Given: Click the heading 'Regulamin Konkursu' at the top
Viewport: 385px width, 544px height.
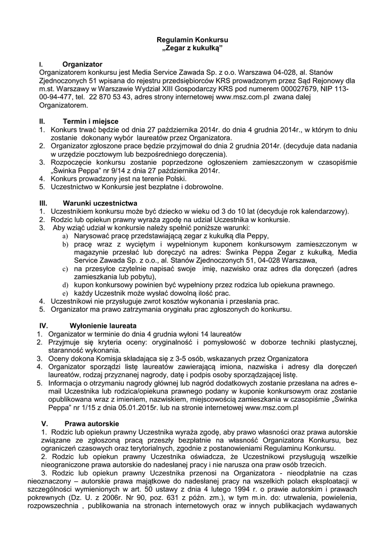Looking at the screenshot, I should coord(192,40).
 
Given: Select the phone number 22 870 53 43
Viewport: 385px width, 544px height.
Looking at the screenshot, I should coord(108,98).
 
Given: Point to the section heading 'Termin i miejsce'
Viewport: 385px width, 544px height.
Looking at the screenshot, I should coord(90,121).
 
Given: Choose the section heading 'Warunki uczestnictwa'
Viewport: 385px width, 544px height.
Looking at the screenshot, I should coord(100,203).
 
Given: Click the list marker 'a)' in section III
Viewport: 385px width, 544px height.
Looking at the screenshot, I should coord(65,236).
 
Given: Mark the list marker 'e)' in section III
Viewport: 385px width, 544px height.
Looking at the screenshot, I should coord(65,293).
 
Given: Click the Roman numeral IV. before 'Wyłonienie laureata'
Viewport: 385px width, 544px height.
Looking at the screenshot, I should coord(45,325).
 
